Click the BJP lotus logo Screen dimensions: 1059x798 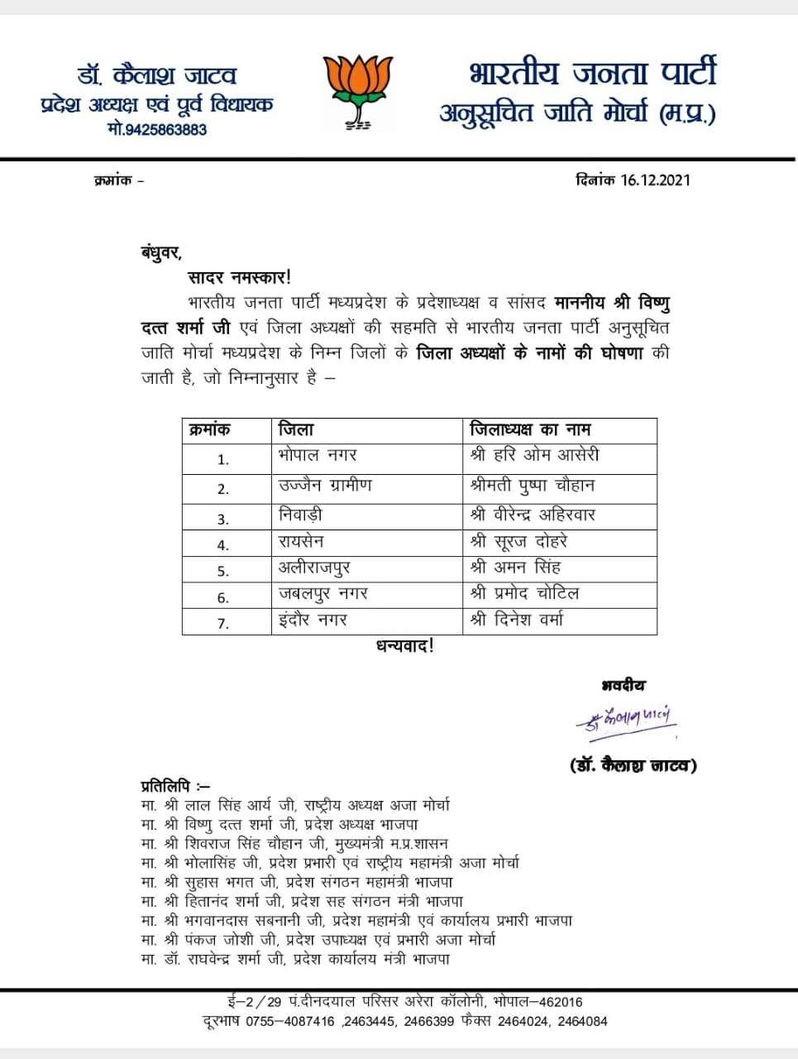pos(357,91)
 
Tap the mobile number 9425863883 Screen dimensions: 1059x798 pos(157,129)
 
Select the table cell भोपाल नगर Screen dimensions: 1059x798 pos(318,456)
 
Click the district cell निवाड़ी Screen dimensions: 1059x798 pos(301,515)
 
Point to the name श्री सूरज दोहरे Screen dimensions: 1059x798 pos(519,542)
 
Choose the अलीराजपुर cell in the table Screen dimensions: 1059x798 pos(315,568)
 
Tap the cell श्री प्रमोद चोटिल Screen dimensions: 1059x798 pos(525,594)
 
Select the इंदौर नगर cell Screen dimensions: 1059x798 pos(313,621)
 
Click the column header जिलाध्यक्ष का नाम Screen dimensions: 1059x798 pos(530,430)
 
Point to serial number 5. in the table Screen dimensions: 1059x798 pos(223,571)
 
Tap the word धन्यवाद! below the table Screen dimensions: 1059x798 pos(405,647)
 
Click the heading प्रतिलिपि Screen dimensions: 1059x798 pos(175,785)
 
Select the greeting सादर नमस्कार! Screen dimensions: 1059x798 pos(240,278)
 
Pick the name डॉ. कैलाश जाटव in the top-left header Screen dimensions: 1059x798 pos(157,76)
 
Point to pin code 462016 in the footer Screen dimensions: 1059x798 pos(561,1002)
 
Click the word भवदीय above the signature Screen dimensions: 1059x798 pos(624,686)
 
